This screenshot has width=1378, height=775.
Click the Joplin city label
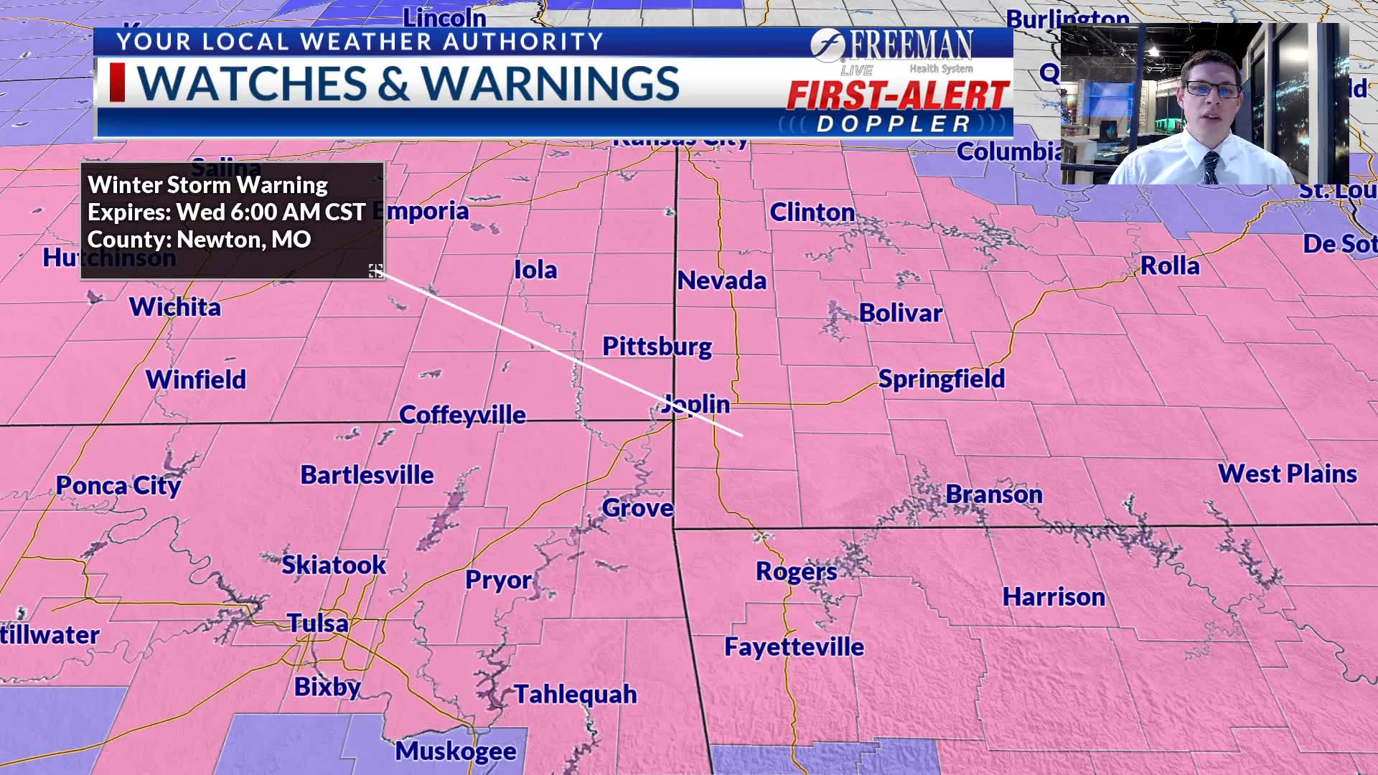point(695,404)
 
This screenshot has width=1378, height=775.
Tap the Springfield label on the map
point(942,379)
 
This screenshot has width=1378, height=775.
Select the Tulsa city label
point(318,623)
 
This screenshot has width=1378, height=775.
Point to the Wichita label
point(175,307)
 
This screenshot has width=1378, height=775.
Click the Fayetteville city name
point(794,647)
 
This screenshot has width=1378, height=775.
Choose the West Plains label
point(1287,474)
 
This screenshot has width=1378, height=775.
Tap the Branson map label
point(994,494)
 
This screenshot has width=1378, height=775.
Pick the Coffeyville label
point(462,415)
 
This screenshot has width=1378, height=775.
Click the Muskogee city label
point(456,751)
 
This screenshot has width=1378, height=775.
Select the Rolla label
point(1170,266)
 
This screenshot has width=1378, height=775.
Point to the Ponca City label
point(118,486)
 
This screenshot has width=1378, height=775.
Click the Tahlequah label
point(576,695)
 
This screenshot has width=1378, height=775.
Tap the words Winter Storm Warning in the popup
point(207,185)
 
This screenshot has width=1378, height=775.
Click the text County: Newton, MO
point(199,240)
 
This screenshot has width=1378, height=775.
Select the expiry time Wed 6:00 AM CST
point(271,212)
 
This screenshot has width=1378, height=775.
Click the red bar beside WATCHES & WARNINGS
point(118,83)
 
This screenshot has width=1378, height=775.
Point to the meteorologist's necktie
point(1211,167)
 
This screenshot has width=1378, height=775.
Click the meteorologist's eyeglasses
point(1212,90)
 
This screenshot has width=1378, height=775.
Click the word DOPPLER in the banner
point(894,124)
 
